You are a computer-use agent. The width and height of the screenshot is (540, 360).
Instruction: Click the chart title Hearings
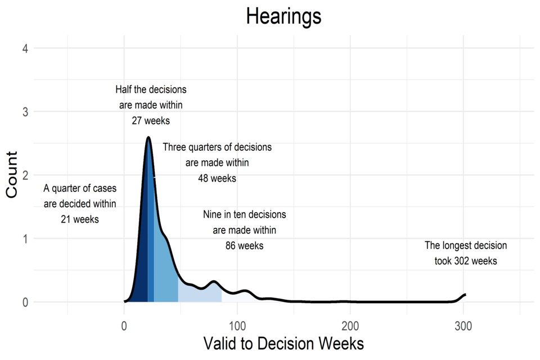coord(283,16)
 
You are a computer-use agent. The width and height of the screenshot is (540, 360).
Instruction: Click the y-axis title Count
coord(11,175)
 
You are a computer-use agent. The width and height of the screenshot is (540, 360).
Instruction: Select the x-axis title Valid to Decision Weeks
coord(283,344)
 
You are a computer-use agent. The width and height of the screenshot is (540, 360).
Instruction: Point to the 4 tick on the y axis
coord(25,48)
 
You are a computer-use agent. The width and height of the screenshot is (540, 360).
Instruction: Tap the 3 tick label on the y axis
coord(25,111)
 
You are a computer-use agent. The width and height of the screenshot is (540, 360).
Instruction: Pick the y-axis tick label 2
coord(25,175)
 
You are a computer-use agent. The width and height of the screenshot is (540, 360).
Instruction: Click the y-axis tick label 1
coord(26,238)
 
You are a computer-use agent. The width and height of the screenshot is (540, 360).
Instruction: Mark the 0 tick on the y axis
coord(25,302)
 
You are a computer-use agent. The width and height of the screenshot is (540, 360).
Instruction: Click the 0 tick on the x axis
coord(124,326)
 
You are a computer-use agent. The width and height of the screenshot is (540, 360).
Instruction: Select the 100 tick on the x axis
coord(237,326)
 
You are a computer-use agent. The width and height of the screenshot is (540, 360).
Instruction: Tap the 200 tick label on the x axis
coord(350,326)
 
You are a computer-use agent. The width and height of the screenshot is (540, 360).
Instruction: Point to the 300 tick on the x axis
coord(463,326)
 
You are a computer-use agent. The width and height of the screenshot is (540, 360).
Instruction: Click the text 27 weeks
coord(151,120)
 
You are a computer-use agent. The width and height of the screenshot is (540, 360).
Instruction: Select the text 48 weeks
coord(217,178)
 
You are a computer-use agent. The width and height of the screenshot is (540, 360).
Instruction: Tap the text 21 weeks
coord(80,219)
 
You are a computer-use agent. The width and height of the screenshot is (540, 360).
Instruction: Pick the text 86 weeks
coord(245,246)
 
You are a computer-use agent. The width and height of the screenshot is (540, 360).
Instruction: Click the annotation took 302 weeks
coord(466,261)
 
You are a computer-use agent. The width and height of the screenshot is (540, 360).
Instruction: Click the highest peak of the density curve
coord(148,137)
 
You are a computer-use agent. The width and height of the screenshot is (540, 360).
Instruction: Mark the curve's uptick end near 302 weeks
coord(466,294)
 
